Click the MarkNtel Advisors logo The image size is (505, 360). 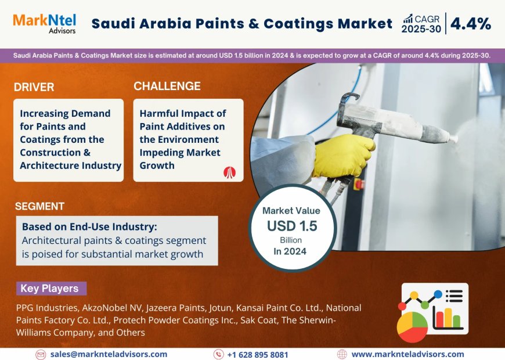(x=44, y=23)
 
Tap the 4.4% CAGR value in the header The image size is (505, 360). (x=470, y=24)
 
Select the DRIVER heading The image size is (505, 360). (x=34, y=87)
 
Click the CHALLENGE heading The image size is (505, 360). (x=167, y=87)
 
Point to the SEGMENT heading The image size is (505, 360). (x=39, y=206)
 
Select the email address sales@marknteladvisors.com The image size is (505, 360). (x=109, y=354)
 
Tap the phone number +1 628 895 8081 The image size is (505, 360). (x=257, y=354)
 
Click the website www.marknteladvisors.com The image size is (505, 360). (x=407, y=354)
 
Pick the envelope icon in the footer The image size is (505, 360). (x=41, y=354)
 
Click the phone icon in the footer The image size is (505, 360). (x=218, y=354)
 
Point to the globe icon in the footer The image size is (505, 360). (x=342, y=354)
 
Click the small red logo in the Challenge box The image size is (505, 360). (x=229, y=171)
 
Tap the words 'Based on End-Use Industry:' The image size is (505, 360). (x=89, y=226)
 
